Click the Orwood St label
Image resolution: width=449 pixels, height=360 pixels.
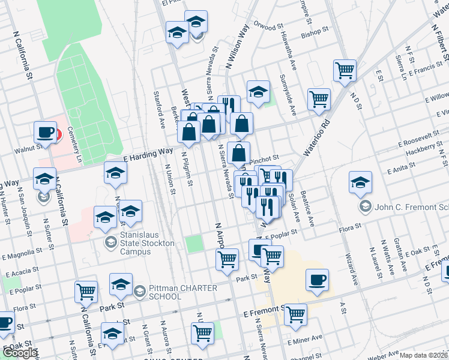tap(268, 27)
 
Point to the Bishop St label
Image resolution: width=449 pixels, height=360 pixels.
tap(315, 31)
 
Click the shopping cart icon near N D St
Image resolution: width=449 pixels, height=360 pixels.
tap(345, 71)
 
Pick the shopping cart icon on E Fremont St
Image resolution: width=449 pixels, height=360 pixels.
tap(295, 314)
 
